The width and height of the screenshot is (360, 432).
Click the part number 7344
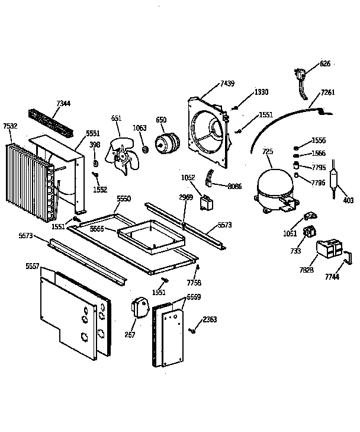pos(63,104)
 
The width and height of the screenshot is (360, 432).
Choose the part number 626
pos(324,63)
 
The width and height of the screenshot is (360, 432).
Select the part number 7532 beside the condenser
pos(10,126)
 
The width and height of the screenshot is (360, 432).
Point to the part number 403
pos(348,200)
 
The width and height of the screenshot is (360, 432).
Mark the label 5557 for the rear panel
pos(33,266)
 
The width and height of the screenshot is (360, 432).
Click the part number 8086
pos(235,186)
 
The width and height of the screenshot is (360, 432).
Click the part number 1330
pos(261,92)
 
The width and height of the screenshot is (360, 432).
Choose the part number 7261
pos(327,92)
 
